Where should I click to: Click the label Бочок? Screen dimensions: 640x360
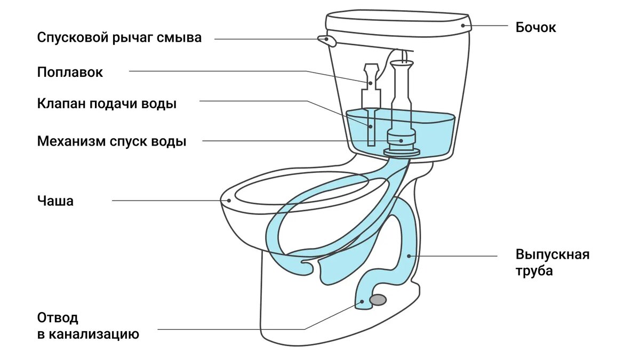535,27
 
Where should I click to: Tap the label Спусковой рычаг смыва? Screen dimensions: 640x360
119,38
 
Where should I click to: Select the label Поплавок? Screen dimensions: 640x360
70,72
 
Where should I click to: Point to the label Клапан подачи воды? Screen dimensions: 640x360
107,103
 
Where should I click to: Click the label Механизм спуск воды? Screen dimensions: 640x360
112,142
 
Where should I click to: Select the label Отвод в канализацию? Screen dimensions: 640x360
88,326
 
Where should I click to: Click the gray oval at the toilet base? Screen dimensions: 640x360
378,300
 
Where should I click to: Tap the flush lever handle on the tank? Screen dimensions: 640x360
325,39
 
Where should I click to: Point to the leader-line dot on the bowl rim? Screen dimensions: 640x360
229,201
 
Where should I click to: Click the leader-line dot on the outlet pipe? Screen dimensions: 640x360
409,255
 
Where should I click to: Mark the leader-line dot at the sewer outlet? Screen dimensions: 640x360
362,301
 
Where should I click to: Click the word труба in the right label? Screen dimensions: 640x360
534,270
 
